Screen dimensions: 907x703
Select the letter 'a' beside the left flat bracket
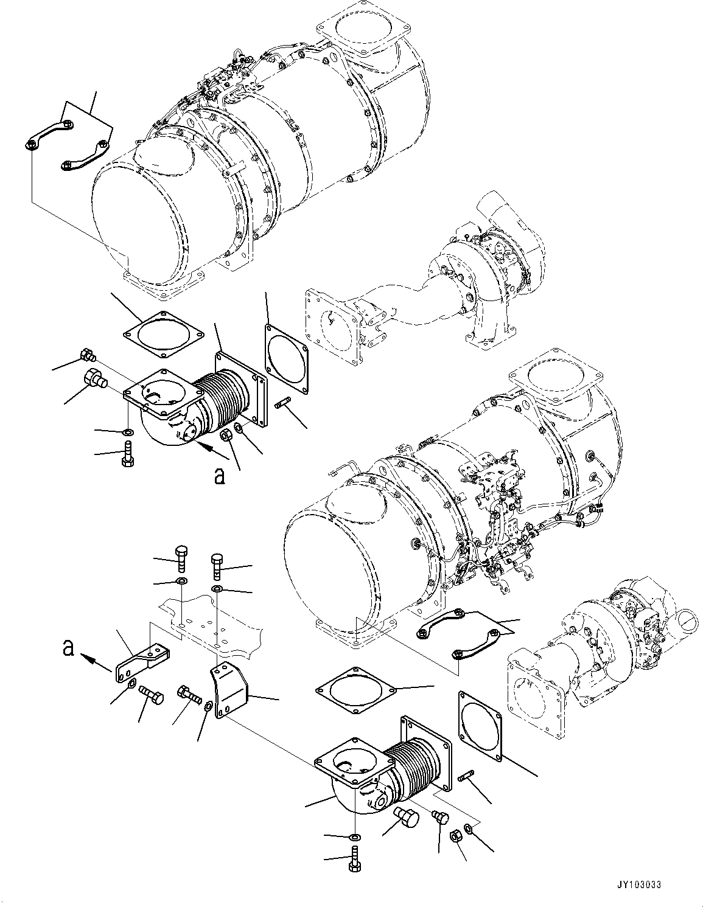(69, 648)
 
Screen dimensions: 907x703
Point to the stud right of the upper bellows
(285, 403)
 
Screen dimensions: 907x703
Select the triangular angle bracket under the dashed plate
(229, 691)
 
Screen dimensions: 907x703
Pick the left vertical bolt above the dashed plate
(183, 556)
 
